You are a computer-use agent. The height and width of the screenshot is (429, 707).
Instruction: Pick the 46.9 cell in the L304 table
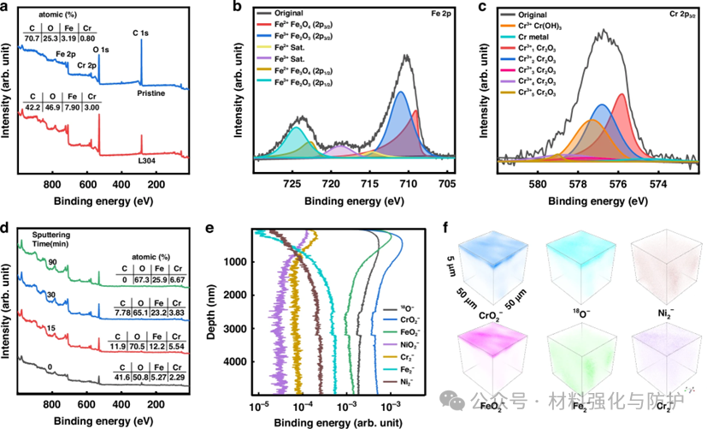point(56,108)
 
